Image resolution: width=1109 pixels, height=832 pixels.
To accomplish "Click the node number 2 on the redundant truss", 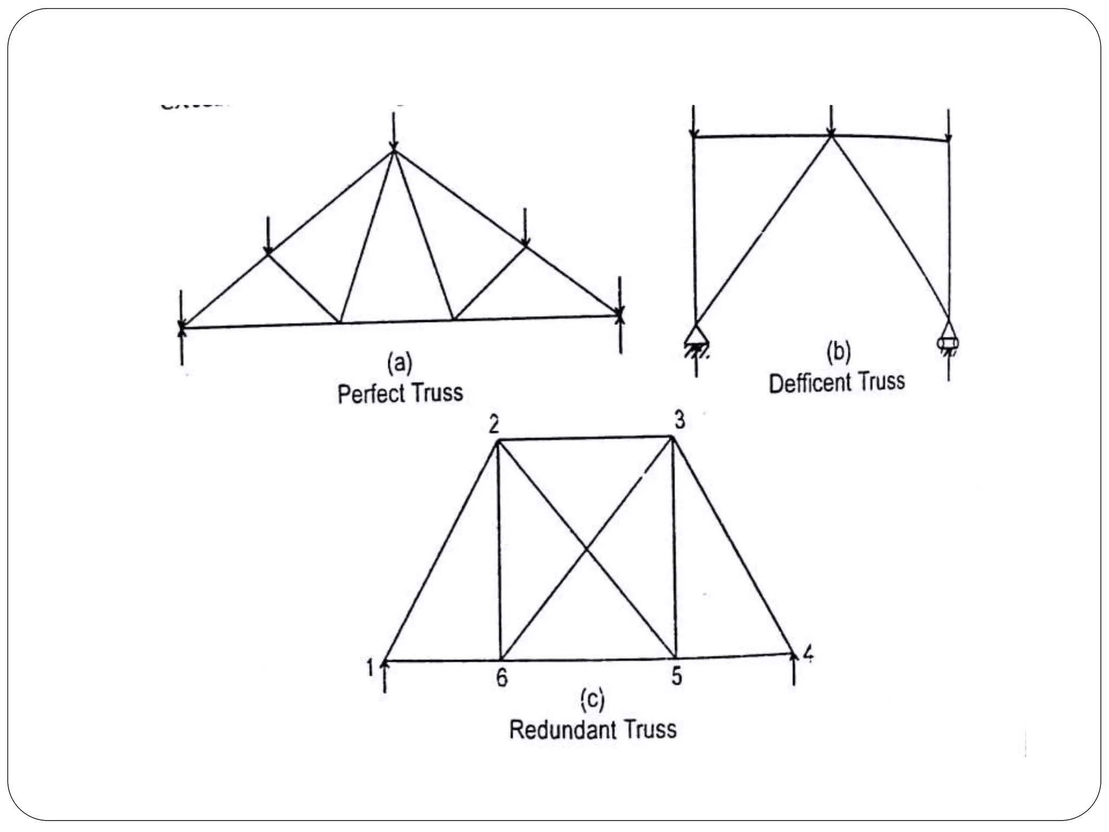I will point(493,425).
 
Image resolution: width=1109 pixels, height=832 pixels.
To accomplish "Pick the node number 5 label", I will point(676,676).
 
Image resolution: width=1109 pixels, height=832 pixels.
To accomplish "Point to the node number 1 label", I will point(370,668).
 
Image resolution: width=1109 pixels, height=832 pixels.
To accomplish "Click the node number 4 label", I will point(807,654).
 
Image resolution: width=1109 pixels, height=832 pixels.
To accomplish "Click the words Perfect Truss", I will point(400,393).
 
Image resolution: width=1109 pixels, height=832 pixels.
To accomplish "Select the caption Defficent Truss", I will point(837,382).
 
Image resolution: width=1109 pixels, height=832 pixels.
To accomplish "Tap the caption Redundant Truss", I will point(592,730).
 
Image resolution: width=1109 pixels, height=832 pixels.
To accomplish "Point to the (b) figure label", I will point(838,352).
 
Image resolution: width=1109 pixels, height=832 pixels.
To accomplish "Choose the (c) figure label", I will point(592,700).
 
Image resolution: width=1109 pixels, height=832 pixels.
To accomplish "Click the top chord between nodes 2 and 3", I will point(585,438).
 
